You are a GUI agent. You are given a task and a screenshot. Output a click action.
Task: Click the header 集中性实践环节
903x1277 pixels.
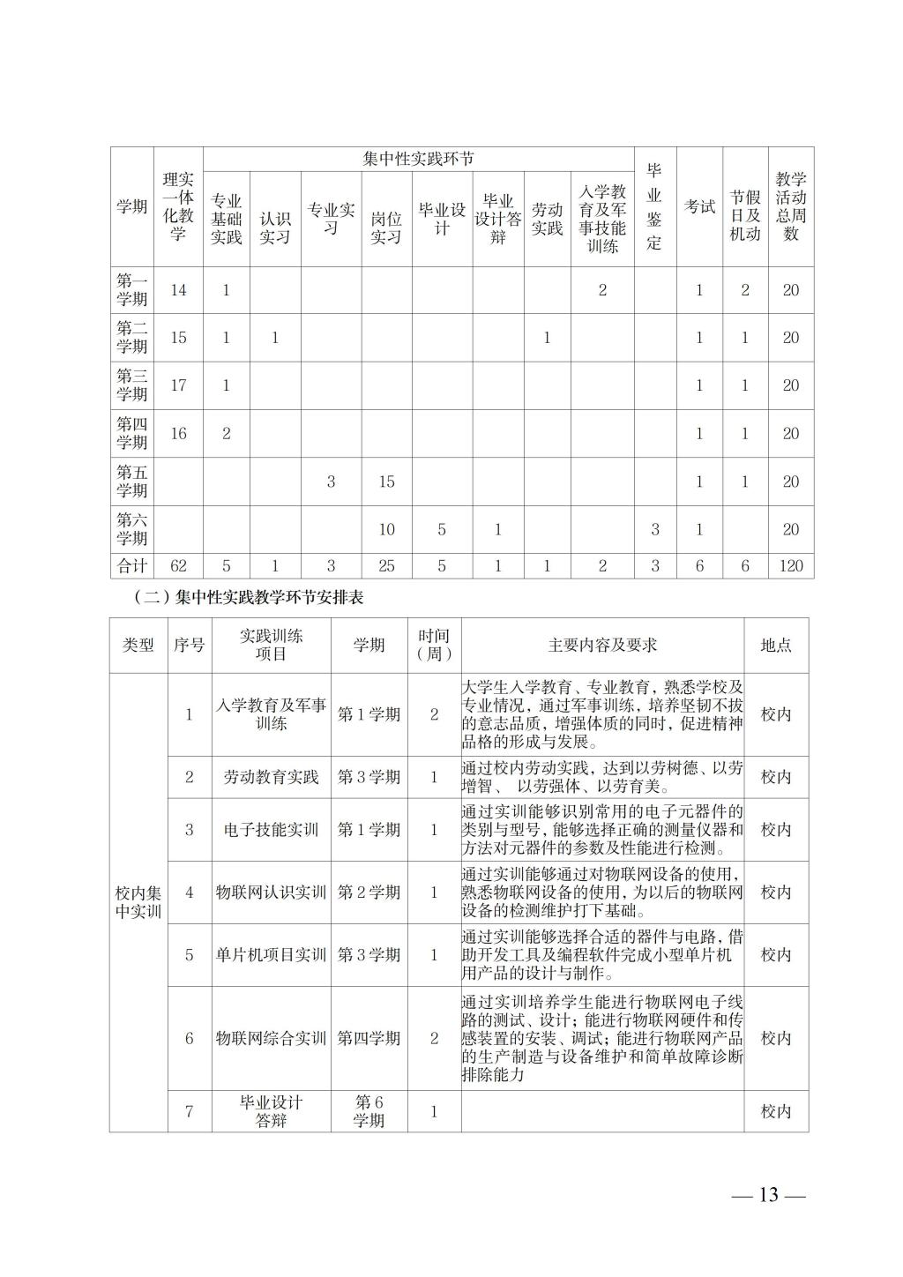[418, 160]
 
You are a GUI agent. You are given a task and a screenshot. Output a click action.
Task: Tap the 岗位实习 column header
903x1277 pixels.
[385, 228]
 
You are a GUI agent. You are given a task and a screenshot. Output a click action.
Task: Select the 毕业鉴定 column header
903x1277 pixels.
[654, 206]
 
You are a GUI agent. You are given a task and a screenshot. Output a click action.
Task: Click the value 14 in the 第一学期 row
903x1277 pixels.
[179, 290]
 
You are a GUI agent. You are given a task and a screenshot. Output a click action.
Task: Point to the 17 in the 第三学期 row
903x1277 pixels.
[179, 385]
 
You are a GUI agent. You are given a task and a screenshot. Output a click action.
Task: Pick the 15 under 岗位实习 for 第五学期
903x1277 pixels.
[386, 482]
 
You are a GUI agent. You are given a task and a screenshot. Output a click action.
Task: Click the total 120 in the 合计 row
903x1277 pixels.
[791, 566]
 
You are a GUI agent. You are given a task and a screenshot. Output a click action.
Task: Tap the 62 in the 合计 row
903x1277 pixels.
[179, 566]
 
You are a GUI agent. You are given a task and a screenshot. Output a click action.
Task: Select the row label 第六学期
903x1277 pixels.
[132, 529]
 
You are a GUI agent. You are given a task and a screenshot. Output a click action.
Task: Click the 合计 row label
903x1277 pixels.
[132, 566]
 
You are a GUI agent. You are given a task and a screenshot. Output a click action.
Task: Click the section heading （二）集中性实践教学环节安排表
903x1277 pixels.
[250, 598]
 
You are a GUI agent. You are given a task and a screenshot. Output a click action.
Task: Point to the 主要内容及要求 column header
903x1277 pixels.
[602, 646]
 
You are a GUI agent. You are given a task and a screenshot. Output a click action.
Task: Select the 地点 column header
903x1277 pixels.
[776, 646]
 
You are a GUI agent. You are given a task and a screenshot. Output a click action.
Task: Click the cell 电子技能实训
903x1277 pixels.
[271, 830]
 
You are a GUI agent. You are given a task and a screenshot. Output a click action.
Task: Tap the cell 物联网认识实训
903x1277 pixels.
[271, 892]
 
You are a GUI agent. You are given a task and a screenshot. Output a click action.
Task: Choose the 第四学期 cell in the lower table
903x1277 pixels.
[369, 1039]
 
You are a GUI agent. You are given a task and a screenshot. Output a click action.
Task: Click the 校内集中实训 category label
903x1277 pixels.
[138, 902]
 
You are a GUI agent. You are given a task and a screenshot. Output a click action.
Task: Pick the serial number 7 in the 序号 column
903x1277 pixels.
[189, 1111]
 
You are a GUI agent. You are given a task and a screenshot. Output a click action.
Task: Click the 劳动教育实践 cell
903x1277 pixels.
[271, 777]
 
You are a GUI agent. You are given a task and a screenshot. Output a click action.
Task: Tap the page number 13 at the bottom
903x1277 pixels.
[769, 1196]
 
